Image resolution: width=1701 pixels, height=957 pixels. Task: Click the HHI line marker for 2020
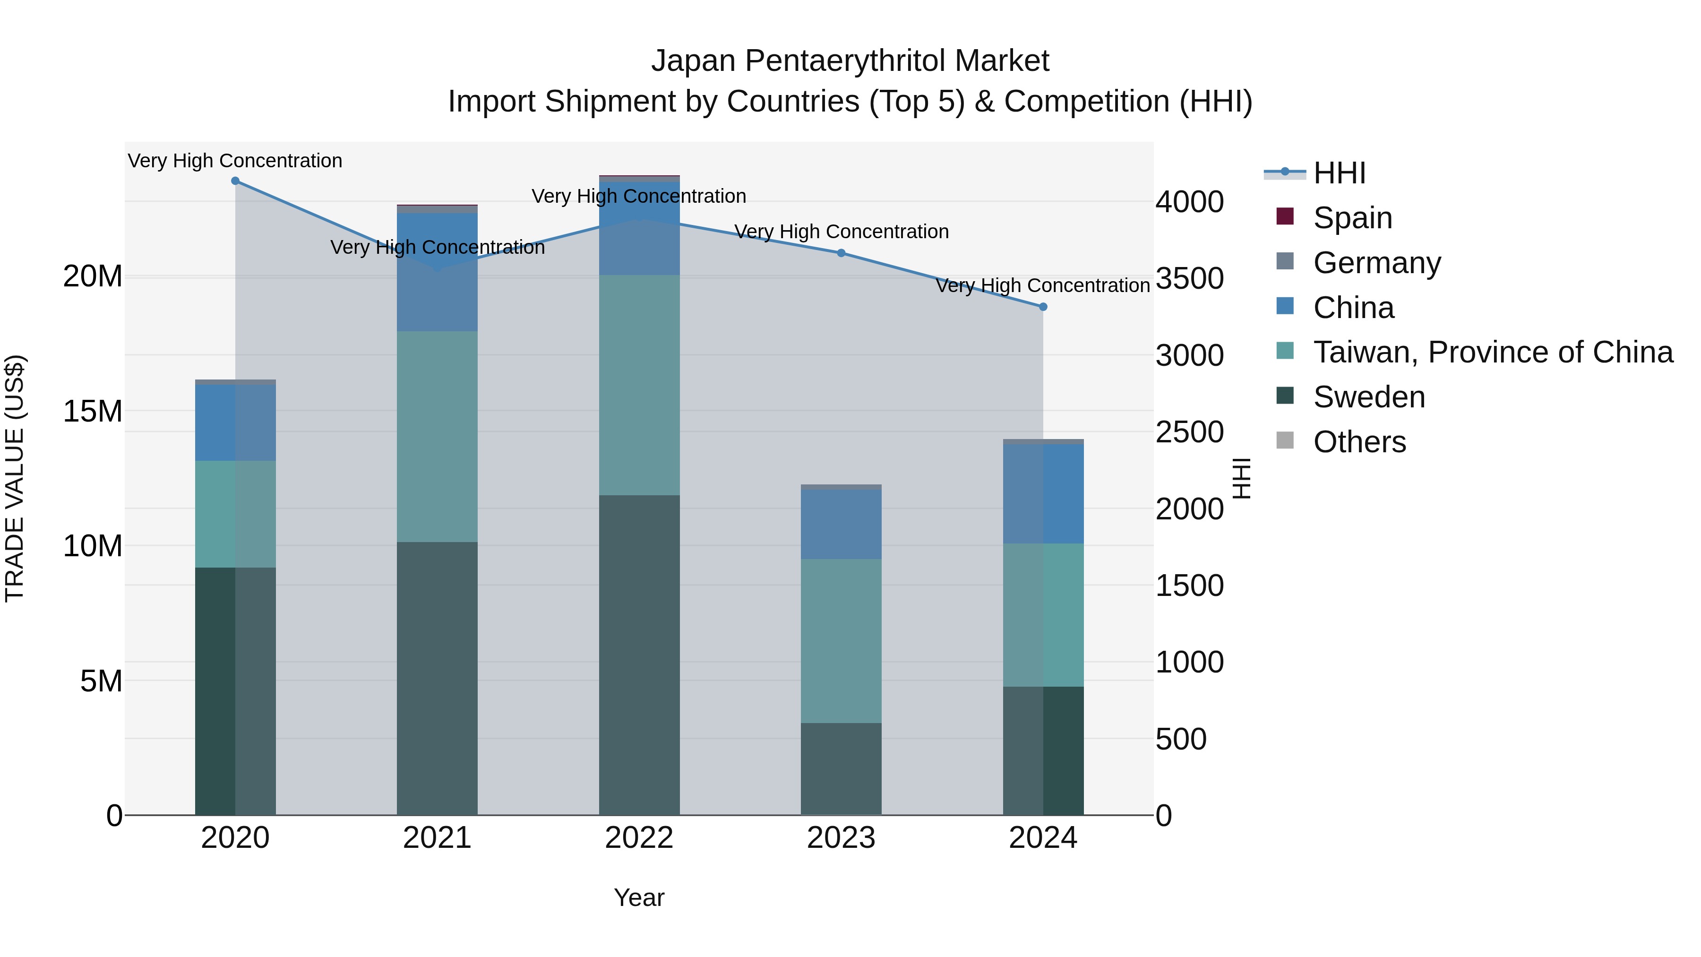click(x=235, y=181)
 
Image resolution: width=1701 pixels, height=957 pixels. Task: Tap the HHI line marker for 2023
click(x=841, y=253)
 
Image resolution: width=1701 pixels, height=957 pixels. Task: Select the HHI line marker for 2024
click(x=1043, y=306)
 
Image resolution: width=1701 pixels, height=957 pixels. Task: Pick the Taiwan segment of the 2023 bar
click(x=841, y=641)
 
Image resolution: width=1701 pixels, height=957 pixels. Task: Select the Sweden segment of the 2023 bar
click(x=841, y=768)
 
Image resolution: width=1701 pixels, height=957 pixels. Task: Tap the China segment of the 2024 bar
click(x=1043, y=494)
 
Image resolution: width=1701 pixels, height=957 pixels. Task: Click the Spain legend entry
click(x=1352, y=217)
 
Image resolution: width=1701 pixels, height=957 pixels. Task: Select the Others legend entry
click(x=1359, y=441)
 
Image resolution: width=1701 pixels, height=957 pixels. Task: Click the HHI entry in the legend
click(x=1339, y=173)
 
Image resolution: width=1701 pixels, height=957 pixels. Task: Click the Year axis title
click(x=638, y=897)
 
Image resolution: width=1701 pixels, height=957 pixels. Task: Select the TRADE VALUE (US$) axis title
click(x=15, y=478)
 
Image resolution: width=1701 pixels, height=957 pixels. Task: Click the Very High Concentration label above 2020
click(x=235, y=161)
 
